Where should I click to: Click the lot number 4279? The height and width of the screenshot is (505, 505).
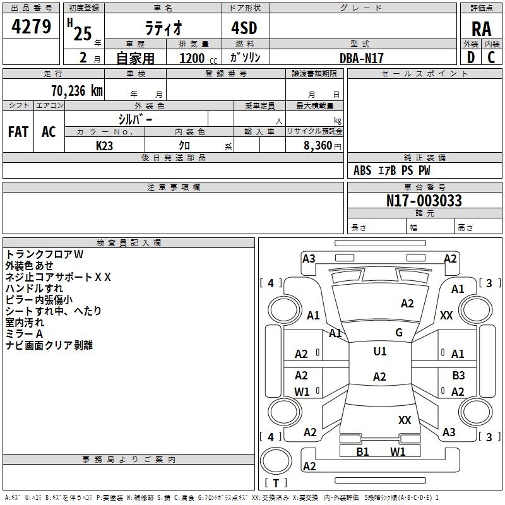(x=32, y=27)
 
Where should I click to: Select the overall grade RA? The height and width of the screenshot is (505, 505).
(x=481, y=29)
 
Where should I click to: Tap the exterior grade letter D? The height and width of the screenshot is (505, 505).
(x=470, y=57)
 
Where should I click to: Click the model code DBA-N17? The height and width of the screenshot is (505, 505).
(x=362, y=57)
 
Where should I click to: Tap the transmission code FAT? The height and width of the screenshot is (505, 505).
(x=18, y=132)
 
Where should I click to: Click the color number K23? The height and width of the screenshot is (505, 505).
(x=105, y=145)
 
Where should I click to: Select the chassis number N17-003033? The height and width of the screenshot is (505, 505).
(x=424, y=201)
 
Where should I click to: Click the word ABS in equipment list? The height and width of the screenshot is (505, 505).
(x=362, y=170)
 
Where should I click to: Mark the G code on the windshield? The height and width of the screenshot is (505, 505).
(x=399, y=333)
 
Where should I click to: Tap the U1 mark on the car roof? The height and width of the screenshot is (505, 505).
(x=379, y=352)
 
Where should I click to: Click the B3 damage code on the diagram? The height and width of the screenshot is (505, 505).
(x=458, y=376)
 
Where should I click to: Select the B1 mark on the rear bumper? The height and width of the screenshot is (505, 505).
(x=362, y=451)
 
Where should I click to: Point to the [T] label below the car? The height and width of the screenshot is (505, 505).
(x=276, y=483)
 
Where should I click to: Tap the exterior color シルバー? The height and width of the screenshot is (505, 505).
(x=136, y=119)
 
